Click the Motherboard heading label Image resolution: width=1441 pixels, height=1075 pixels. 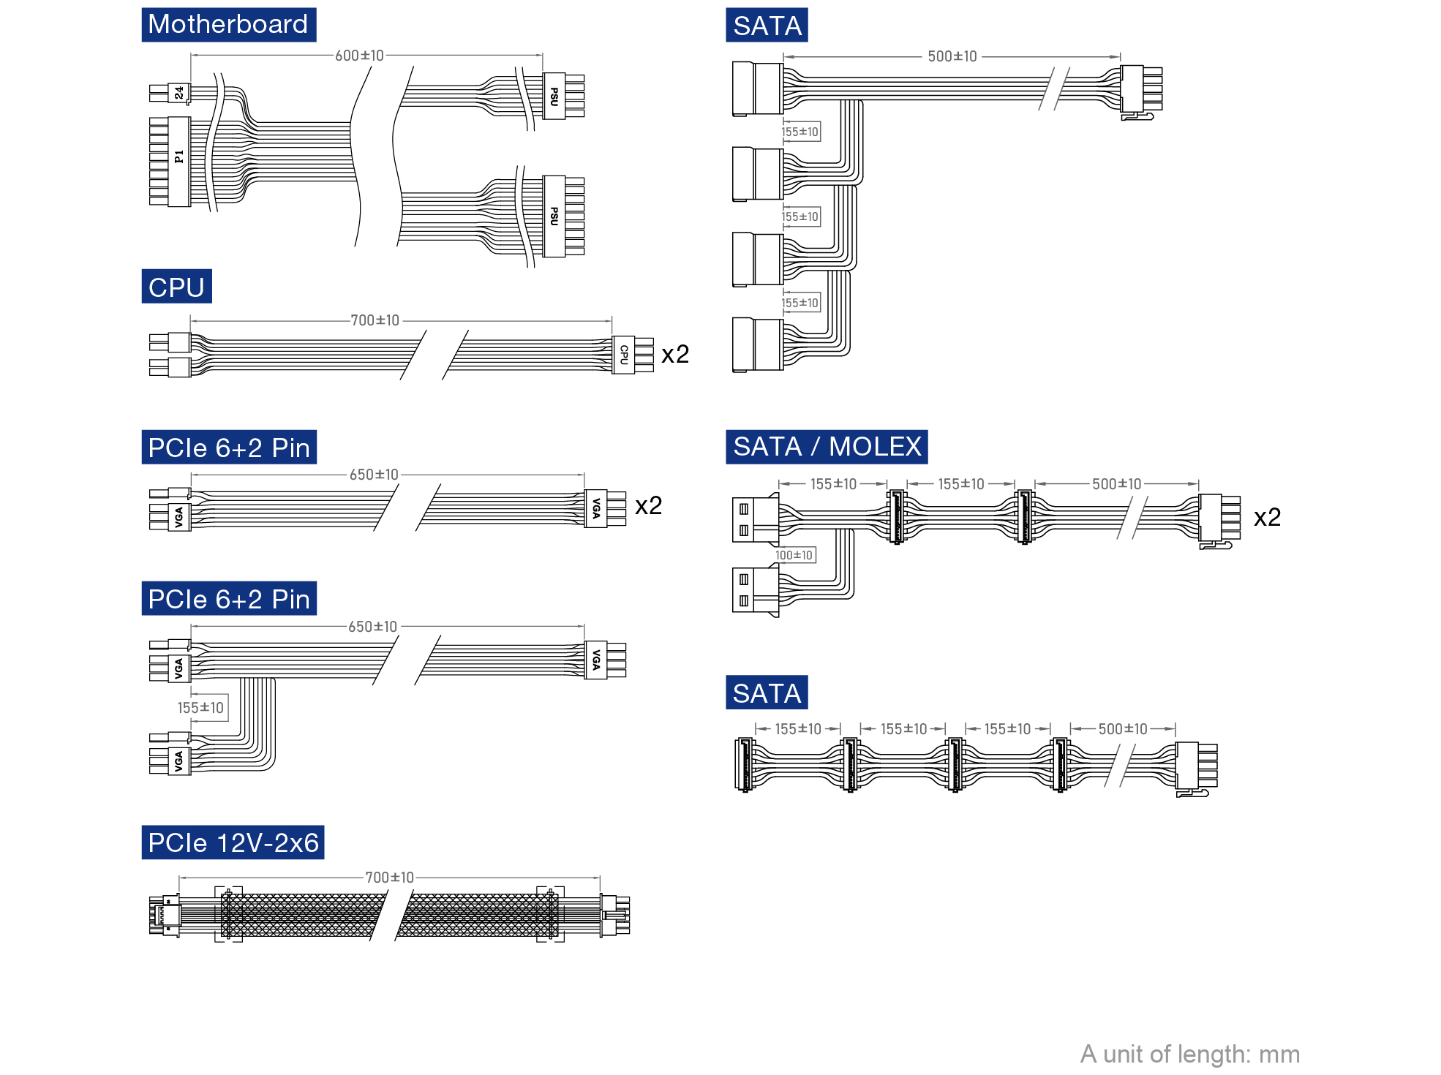pyautogui.click(x=228, y=25)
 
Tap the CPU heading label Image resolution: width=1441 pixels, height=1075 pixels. pyautogui.click(x=176, y=287)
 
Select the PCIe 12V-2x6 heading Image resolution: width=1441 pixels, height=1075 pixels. pyautogui.click(x=233, y=842)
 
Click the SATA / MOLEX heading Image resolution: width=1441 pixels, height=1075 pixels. pyautogui.click(x=827, y=447)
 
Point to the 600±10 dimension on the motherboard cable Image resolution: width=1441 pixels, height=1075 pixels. pyautogui.click(x=359, y=56)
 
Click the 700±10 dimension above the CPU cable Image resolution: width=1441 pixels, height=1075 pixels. pyautogui.click(x=375, y=320)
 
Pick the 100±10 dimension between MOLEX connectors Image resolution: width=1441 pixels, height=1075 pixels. pyautogui.click(x=794, y=555)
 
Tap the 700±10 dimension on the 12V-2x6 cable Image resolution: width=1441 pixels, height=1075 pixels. pyautogui.click(x=389, y=878)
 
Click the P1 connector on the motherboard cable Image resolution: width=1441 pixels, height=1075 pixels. pyautogui.click(x=178, y=161)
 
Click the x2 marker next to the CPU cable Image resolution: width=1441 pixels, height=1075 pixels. pyautogui.click(x=675, y=355)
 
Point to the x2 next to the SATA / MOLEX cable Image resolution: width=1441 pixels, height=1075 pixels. pyautogui.click(x=1267, y=518)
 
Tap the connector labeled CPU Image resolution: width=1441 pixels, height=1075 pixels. pyautogui.click(x=623, y=355)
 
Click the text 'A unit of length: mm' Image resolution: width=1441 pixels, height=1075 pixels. pyautogui.click(x=1189, y=1054)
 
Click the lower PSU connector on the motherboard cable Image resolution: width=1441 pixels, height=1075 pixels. pyautogui.click(x=554, y=216)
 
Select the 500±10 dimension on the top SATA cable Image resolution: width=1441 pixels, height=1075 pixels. pyautogui.click(x=952, y=56)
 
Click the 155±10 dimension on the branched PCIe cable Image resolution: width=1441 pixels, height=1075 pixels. pyautogui.click(x=200, y=708)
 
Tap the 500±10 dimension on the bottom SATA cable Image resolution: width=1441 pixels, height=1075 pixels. pyautogui.click(x=1122, y=729)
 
